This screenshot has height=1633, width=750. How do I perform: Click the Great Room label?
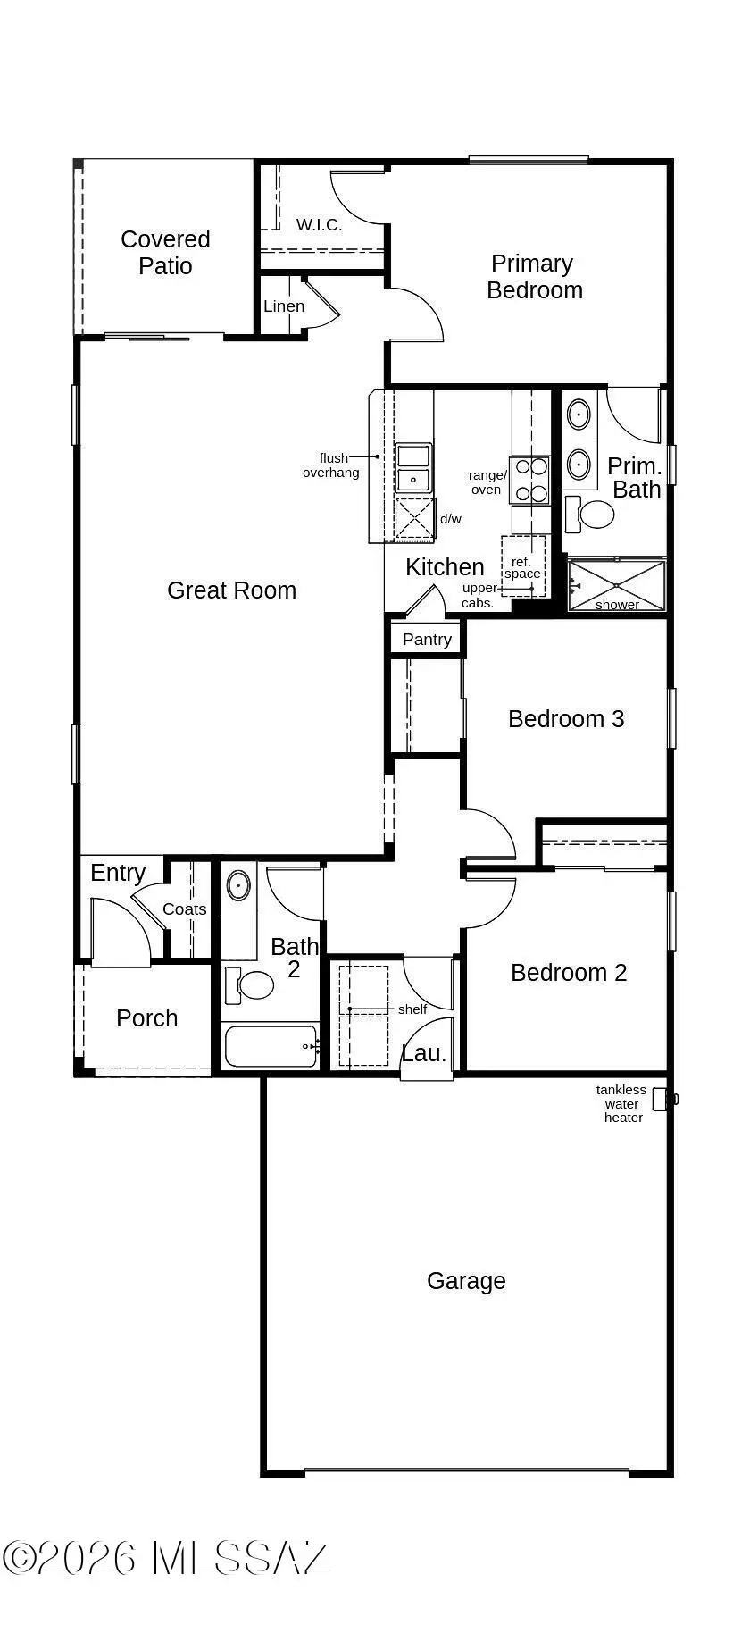click(x=231, y=590)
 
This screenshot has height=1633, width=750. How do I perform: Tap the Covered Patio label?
click(x=165, y=252)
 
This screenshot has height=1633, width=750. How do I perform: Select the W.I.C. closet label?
click(x=319, y=224)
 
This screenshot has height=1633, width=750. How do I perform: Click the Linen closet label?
click(x=284, y=306)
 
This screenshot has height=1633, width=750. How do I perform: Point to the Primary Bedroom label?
click(x=534, y=277)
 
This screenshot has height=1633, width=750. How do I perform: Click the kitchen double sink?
click(x=413, y=468)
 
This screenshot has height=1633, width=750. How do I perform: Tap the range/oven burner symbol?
click(x=531, y=480)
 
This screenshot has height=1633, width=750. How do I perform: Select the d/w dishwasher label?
click(x=451, y=519)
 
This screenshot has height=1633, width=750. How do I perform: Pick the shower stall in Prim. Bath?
click(x=617, y=586)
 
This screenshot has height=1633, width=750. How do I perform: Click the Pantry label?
click(x=427, y=640)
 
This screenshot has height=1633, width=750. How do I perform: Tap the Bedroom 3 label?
click(x=566, y=719)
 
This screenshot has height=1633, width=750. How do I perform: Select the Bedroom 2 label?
click(x=569, y=973)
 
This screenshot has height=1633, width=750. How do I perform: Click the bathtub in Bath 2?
click(x=271, y=1046)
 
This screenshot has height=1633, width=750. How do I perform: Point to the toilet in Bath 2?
click(x=251, y=985)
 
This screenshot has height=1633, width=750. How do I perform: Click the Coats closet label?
click(x=185, y=909)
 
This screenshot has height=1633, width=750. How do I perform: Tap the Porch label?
click(x=146, y=1018)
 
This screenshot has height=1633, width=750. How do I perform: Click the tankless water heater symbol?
click(x=661, y=1099)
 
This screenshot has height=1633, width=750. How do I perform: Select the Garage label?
click(x=466, y=1281)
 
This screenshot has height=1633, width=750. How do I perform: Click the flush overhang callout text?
click(x=331, y=465)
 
